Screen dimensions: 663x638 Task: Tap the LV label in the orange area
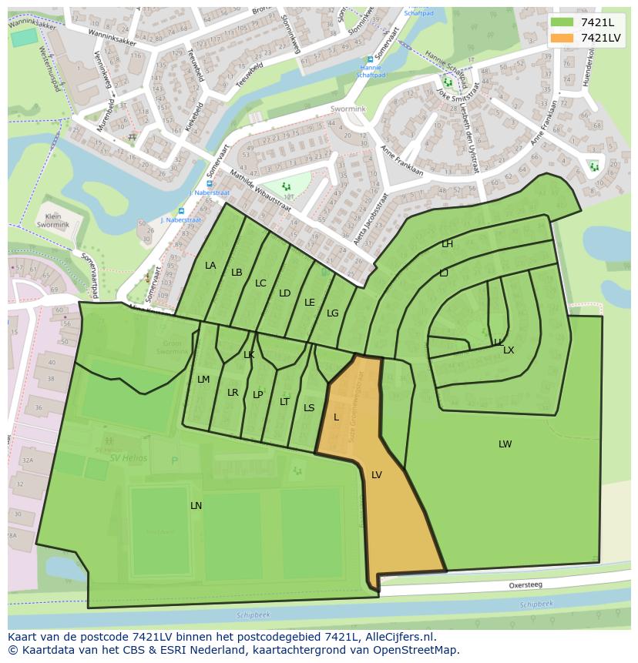point(377,475)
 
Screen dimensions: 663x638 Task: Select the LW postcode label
point(505,444)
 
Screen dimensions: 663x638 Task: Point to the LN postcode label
point(196,505)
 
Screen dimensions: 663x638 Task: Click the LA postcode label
point(210,265)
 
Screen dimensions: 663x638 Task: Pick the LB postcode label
point(237,272)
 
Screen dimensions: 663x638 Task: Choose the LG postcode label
point(332,313)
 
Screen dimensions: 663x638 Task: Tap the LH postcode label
point(447,243)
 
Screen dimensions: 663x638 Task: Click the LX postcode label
point(509,350)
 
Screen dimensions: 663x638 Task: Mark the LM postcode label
point(203,379)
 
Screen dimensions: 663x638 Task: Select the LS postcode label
point(309,407)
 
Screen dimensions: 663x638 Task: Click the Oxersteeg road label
point(526,585)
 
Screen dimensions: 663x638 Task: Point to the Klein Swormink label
point(53,222)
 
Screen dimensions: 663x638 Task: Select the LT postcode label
point(284,401)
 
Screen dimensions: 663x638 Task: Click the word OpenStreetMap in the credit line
point(416,650)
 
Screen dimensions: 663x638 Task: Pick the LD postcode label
point(284,293)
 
